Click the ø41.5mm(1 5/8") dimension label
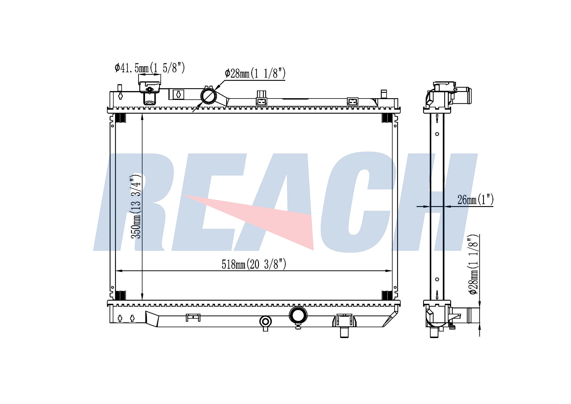click(150, 68)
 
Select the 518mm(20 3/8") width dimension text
click(254, 264)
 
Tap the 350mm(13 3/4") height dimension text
click(136, 206)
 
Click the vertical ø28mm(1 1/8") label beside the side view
click(473, 264)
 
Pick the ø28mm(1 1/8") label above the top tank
click(255, 73)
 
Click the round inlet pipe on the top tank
click(209, 96)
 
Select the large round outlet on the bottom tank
click(298, 315)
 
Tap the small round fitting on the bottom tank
click(266, 322)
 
